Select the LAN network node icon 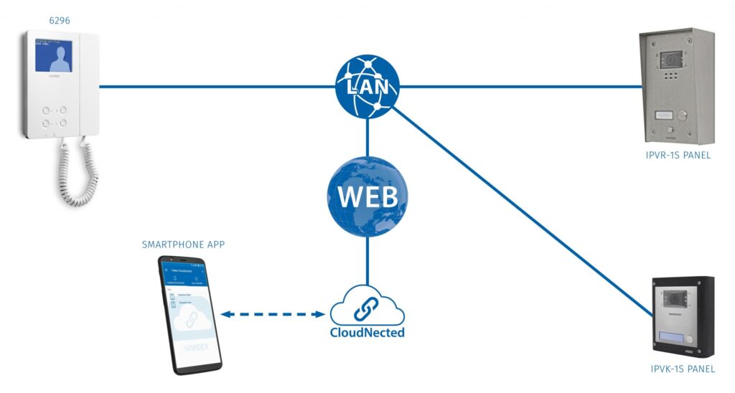367,87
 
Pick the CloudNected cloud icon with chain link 367,307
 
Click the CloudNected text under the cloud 367,333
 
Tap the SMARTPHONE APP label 184,245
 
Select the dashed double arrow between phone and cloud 273,314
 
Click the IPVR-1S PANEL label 677,155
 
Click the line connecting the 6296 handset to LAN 215,87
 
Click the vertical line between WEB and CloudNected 367,258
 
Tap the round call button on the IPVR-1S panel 683,115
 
